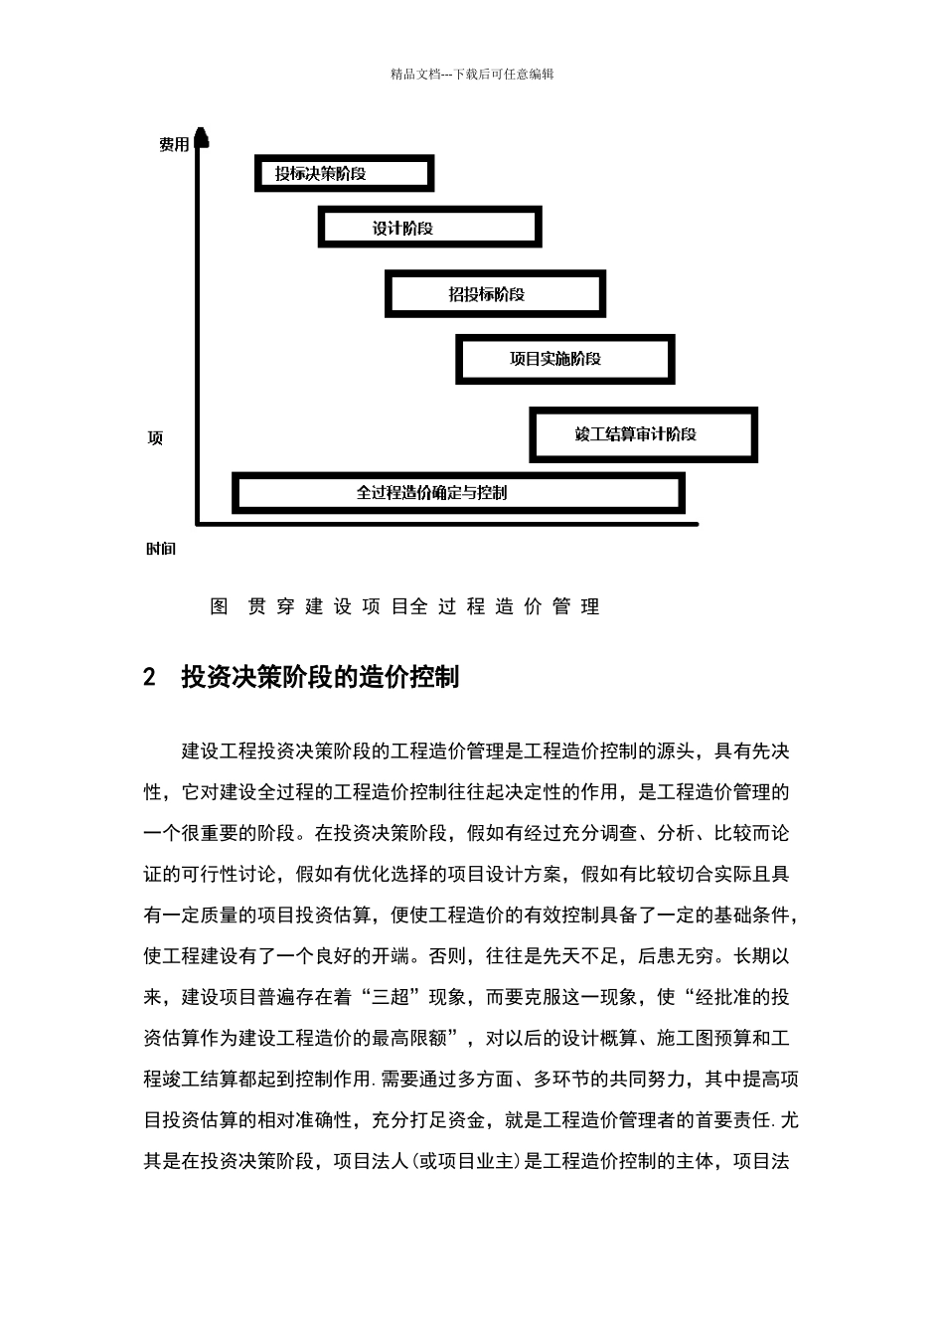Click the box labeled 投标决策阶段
pyautogui.click(x=344, y=174)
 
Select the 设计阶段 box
pyautogui.click(x=429, y=228)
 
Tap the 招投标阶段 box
pyautogui.click(x=495, y=294)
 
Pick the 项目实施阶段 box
pyautogui.click(x=564, y=359)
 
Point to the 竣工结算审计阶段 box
pyautogui.click(x=643, y=434)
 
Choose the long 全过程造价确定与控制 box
pyautogui.click(x=458, y=493)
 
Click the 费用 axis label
pyautogui.click(x=174, y=145)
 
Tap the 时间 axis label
pyautogui.click(x=160, y=549)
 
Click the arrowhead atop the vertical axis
pyautogui.click(x=202, y=136)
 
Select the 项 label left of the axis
pyautogui.click(x=155, y=438)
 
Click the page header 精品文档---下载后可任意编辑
pyautogui.click(x=472, y=74)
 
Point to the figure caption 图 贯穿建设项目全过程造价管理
pyautogui.click(x=405, y=606)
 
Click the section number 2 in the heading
pyautogui.click(x=150, y=678)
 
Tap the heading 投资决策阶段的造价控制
pyautogui.click(x=320, y=678)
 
